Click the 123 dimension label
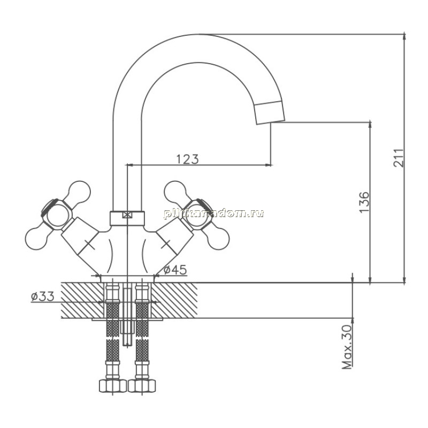(188, 159)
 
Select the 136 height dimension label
(364, 202)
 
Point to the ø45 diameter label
(175, 270)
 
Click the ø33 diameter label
(43, 296)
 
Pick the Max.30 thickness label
(347, 347)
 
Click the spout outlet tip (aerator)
(270, 113)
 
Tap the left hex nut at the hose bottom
(113, 386)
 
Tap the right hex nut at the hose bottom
(142, 386)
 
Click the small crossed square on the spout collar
(127, 215)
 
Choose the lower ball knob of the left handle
(36, 239)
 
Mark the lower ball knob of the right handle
(218, 239)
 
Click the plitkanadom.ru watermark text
(213, 213)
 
